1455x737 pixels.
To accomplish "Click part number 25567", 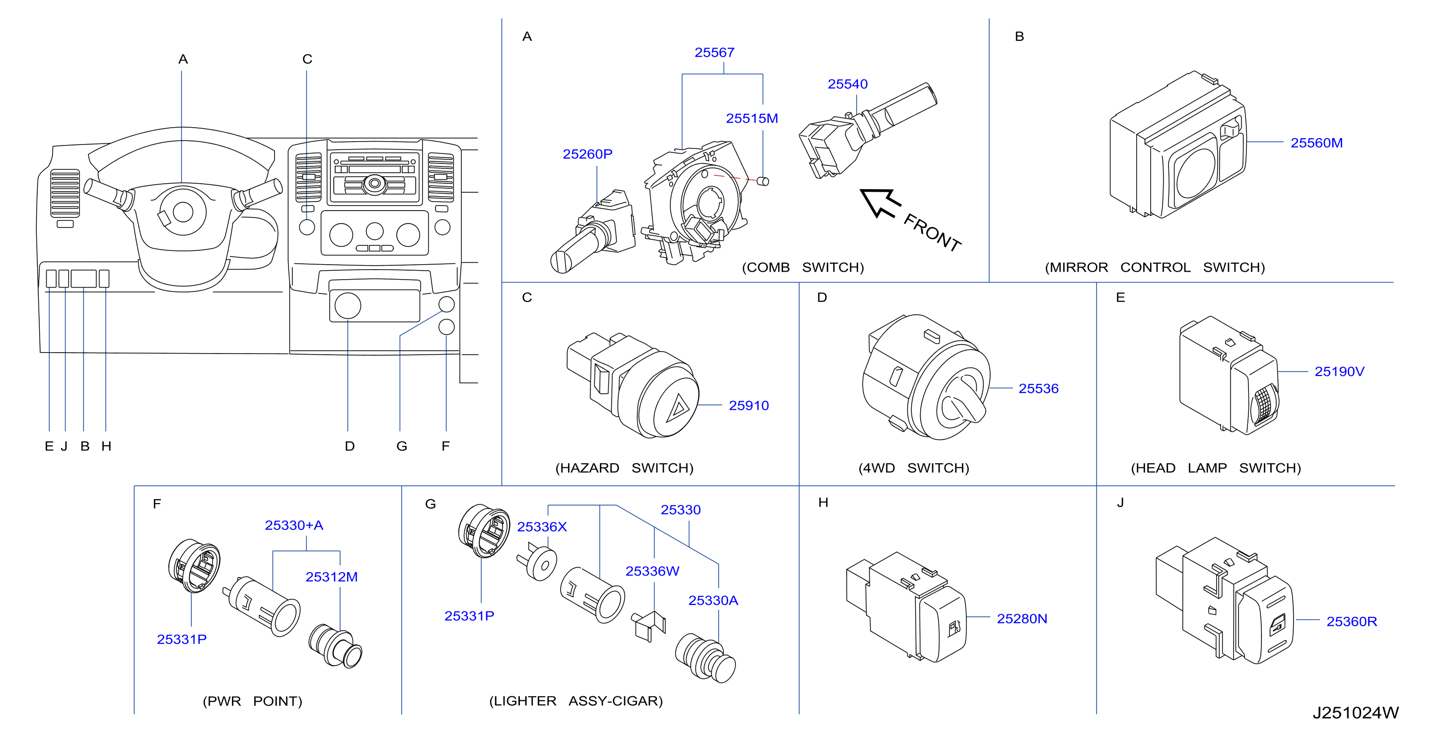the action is tap(714, 53).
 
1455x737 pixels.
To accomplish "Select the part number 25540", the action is tap(847, 84).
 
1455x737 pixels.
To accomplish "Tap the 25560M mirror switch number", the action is tap(1316, 143).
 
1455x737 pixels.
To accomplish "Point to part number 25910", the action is tap(748, 405).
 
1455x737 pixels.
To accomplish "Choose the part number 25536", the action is tap(1038, 388).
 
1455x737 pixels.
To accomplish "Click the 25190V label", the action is tap(1339, 371).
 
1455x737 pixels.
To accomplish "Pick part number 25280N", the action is tap(1022, 619).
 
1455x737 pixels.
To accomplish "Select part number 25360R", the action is tap(1352, 622).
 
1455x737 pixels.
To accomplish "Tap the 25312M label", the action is tap(332, 577).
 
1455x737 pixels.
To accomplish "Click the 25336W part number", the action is tap(652, 572).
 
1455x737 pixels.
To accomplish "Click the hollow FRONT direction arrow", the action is tap(880, 202).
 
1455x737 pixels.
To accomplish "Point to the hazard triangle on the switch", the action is tap(678, 408).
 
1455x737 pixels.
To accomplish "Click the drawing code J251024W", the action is tap(1355, 713).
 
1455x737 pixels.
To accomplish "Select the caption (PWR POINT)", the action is tap(252, 701).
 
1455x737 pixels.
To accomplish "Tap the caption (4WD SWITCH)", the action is tap(913, 468).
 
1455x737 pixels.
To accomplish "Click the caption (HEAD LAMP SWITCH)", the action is tap(1216, 468).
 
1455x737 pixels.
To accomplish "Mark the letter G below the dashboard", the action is tap(402, 446).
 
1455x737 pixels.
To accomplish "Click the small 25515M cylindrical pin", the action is tap(763, 181).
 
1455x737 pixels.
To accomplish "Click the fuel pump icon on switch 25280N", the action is tap(953, 628).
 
